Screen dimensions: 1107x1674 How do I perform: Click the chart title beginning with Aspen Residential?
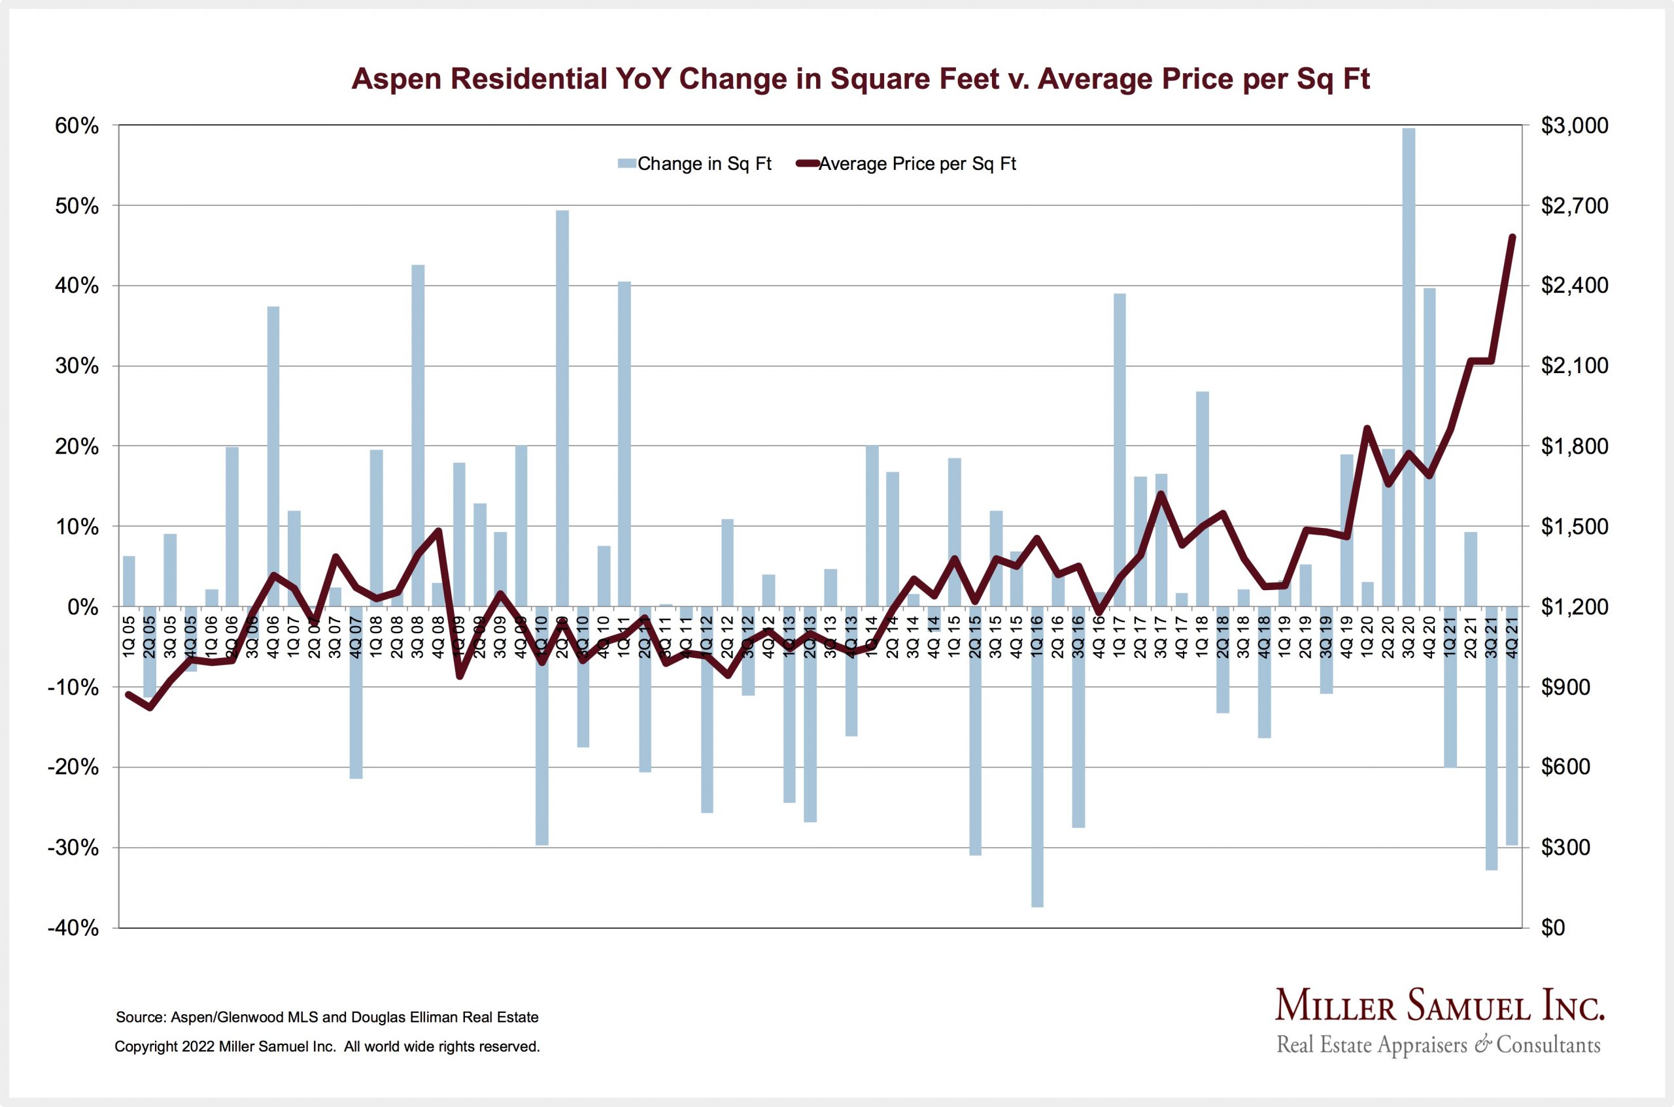click(x=861, y=79)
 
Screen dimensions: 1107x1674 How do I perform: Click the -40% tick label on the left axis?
click(x=73, y=928)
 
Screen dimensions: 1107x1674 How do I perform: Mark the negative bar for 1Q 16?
click(x=1037, y=755)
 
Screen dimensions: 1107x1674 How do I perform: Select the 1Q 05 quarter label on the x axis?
click(x=129, y=636)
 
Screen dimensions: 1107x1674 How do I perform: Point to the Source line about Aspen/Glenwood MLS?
click(x=327, y=1017)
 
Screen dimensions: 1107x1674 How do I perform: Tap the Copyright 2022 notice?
click(x=327, y=1047)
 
